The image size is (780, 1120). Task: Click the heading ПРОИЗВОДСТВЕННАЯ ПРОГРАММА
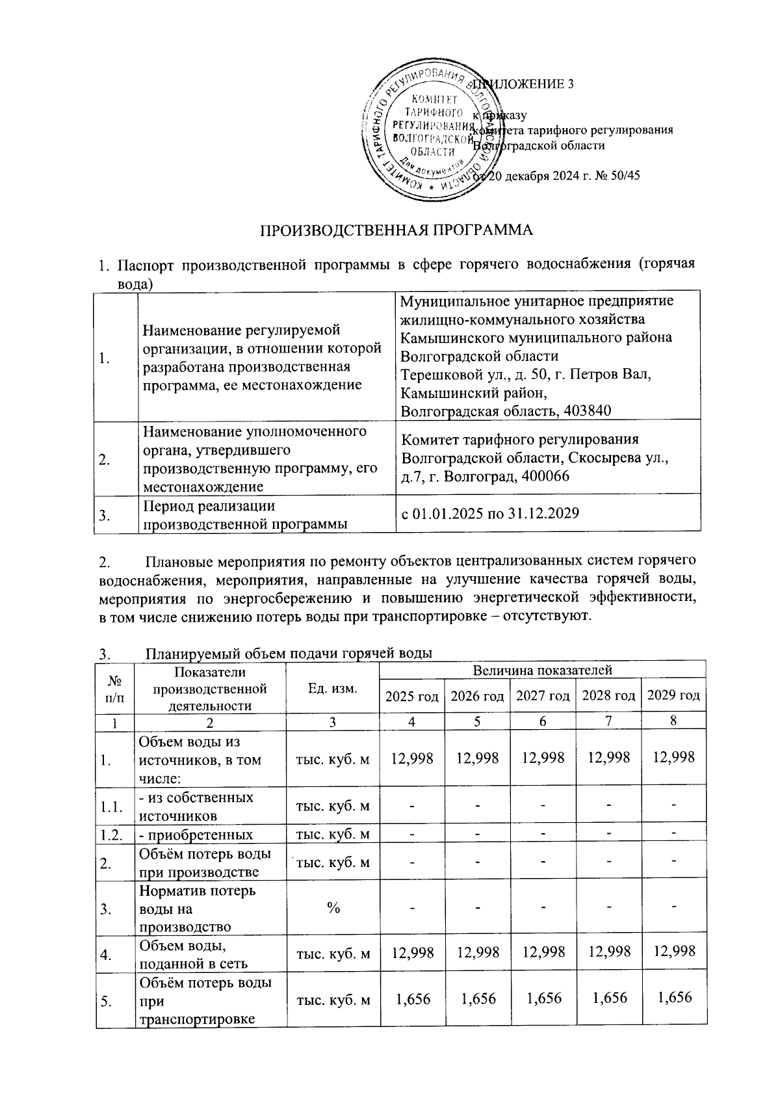[x=396, y=231]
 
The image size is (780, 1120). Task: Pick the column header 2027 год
[x=543, y=696]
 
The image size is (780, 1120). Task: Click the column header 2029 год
[x=673, y=696]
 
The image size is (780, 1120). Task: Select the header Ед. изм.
[x=333, y=688]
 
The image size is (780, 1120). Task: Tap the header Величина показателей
[x=543, y=669]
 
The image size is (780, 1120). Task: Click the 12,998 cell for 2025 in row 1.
[x=411, y=757]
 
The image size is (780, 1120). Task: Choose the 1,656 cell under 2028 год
[x=608, y=998]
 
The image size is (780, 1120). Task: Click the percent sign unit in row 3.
[x=333, y=909]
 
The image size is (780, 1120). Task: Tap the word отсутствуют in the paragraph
[x=548, y=616]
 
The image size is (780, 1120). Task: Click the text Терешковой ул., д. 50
[x=472, y=375]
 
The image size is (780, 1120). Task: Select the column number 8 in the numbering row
[x=673, y=721]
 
